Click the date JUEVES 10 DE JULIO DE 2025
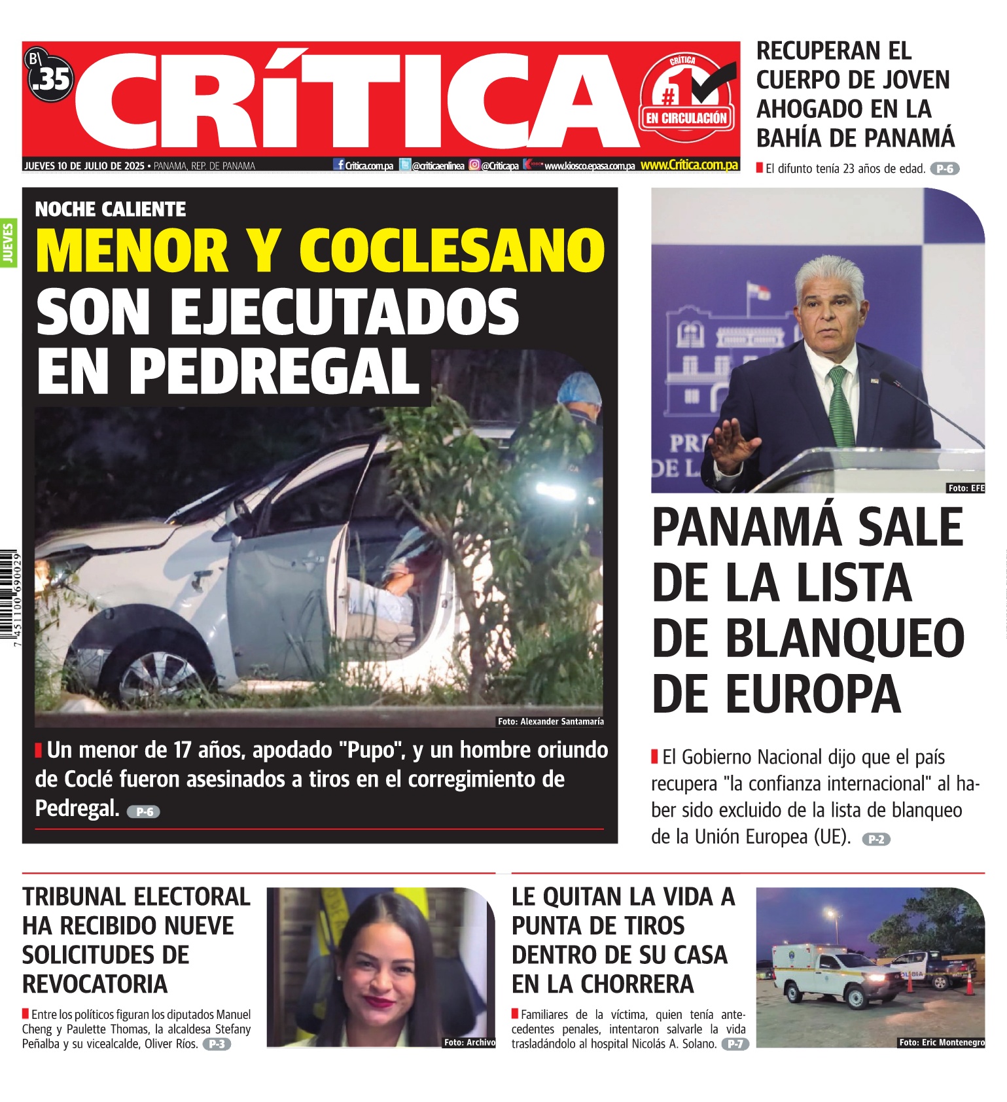(84, 166)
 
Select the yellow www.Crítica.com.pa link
(689, 166)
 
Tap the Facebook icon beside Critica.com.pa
(339, 165)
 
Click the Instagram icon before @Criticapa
(474, 166)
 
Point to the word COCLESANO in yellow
(452, 251)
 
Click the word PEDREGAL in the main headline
(274, 372)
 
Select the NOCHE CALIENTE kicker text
(111, 209)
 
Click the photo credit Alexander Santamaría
(550, 721)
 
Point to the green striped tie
(841, 406)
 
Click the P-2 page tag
(876, 839)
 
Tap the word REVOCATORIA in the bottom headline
(96, 984)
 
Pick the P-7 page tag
(735, 1044)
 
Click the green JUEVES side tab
(9, 243)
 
